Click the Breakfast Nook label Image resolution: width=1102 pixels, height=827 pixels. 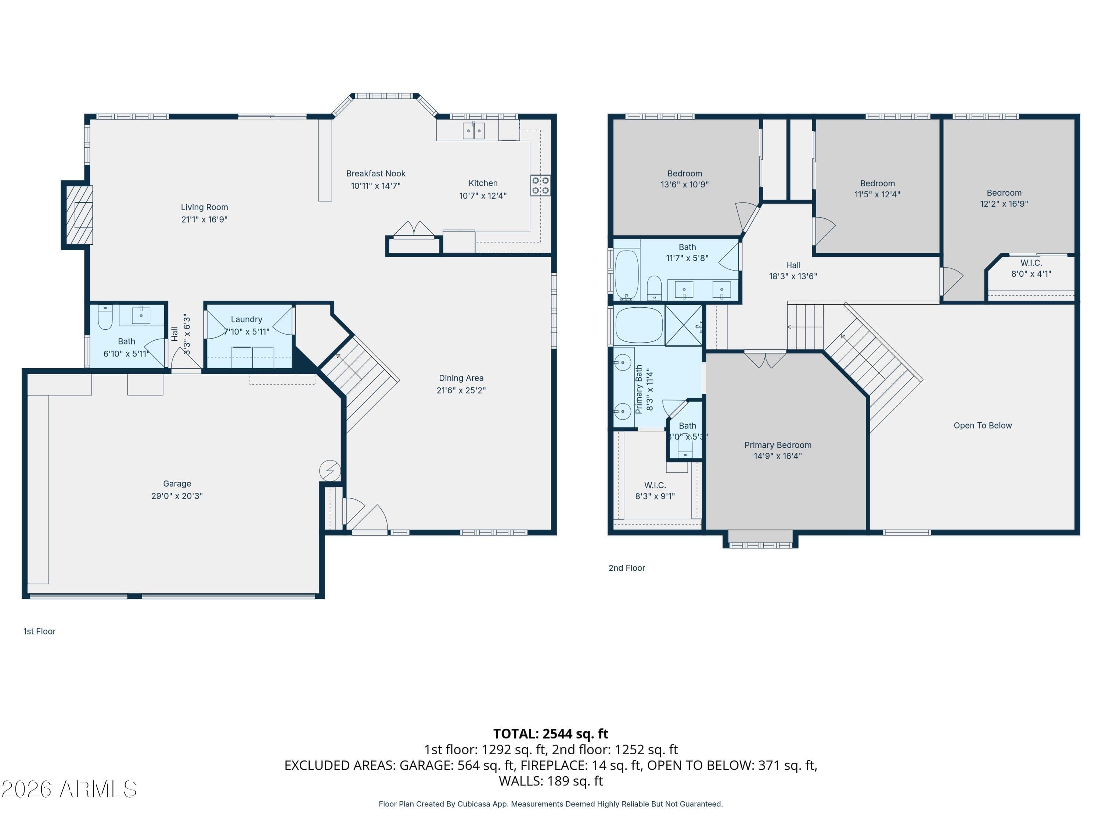point(376,173)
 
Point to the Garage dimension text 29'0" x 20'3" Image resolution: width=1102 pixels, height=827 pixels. point(177,496)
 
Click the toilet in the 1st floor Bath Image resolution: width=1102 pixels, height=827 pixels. point(105,318)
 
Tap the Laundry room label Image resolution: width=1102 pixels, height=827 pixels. point(246,319)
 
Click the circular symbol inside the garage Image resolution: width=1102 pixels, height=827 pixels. point(330,470)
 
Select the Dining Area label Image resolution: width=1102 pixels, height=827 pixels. point(461,378)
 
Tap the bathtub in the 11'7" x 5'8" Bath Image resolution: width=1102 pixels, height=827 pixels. point(626,275)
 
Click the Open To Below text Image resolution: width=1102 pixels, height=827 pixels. point(983,426)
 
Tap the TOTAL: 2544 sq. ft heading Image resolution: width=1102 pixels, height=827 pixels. point(551,734)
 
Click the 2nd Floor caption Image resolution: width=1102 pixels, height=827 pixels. point(626,568)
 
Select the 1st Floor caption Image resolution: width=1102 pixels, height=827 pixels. point(39,631)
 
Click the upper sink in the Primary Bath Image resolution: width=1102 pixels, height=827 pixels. point(623,362)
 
